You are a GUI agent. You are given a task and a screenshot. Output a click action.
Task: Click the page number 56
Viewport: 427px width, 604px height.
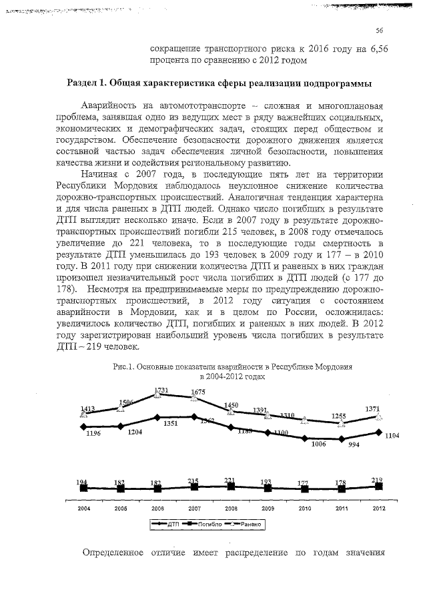tap(379, 30)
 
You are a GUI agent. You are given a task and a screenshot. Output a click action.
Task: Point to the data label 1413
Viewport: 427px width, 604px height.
tap(87, 408)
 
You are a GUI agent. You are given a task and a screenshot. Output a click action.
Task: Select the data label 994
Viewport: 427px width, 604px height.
tap(354, 445)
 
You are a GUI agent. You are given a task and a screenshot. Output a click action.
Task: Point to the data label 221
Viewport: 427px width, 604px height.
tap(230, 480)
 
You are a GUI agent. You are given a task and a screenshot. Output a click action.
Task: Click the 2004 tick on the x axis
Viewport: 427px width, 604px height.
tap(83, 508)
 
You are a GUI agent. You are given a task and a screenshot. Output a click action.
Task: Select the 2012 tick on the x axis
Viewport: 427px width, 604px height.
tap(378, 508)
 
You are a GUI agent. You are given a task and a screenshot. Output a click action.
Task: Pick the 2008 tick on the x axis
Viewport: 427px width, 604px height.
tap(231, 508)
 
